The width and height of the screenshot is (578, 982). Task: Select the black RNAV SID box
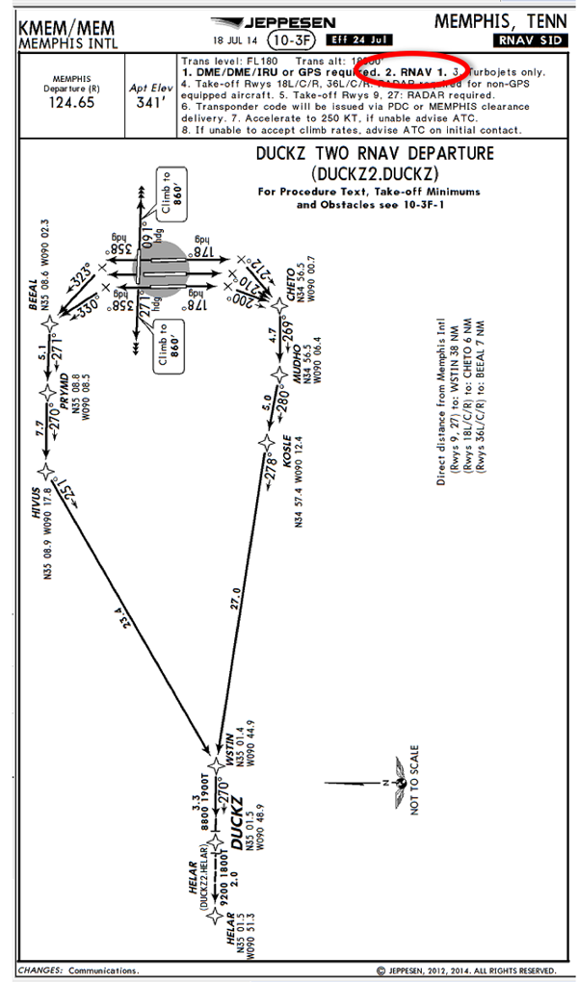(x=531, y=40)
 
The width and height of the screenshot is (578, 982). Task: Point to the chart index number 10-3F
(x=292, y=40)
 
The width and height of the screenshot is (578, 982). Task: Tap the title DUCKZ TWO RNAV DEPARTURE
(x=375, y=154)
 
